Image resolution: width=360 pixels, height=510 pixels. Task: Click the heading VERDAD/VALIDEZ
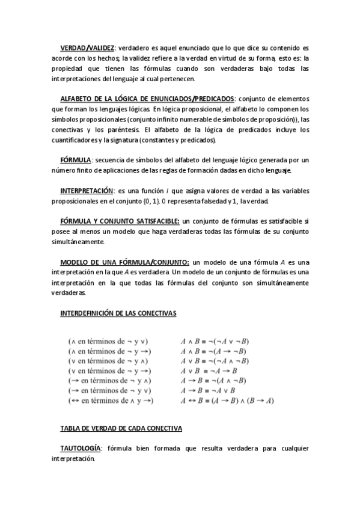pos(87,48)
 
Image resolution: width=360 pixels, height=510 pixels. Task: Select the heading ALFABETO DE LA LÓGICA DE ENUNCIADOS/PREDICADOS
pos(148,99)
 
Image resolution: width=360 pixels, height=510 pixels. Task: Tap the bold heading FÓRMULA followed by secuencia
pos(75,159)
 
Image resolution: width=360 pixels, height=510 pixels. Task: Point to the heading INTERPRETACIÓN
pos(87,190)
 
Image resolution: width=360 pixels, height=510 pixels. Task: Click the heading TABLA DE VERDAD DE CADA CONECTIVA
pos(121,428)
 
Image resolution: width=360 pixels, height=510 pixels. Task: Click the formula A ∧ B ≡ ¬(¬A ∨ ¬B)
pos(215,340)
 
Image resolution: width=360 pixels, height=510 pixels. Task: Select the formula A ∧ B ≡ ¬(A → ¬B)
pos(213,351)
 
